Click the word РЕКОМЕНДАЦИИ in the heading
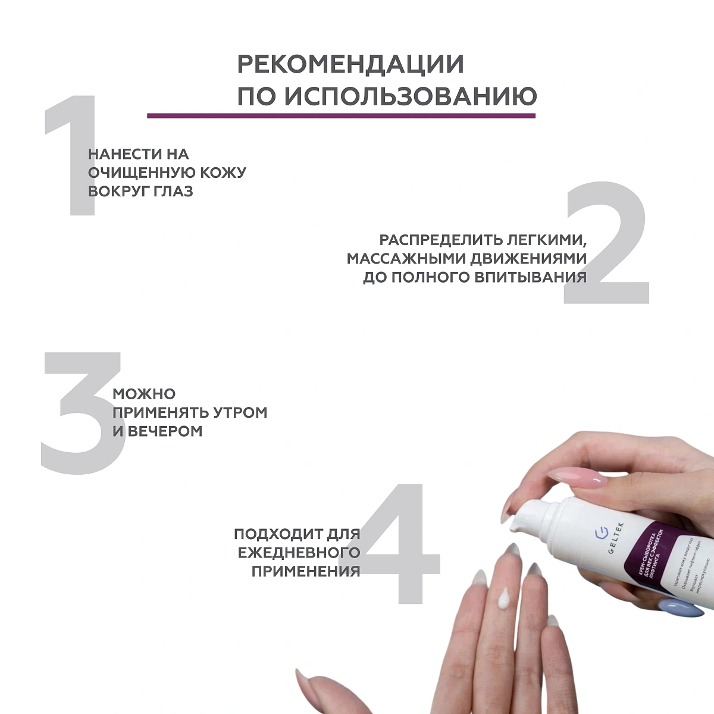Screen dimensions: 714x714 click(x=350, y=65)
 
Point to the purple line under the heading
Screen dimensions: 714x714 click(x=342, y=115)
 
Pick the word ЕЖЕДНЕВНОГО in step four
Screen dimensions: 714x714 click(x=299, y=552)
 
